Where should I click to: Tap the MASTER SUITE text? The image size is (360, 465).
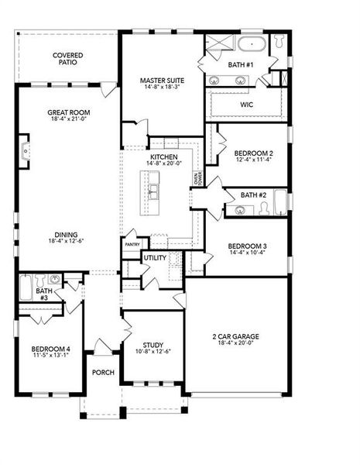coord(161,80)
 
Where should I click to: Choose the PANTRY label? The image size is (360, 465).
coord(132,245)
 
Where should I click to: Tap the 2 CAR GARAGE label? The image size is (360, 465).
coord(236,336)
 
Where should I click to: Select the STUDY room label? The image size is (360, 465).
coord(153,345)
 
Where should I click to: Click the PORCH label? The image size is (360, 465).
coord(103,373)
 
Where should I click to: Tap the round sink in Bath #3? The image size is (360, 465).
coord(53,280)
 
